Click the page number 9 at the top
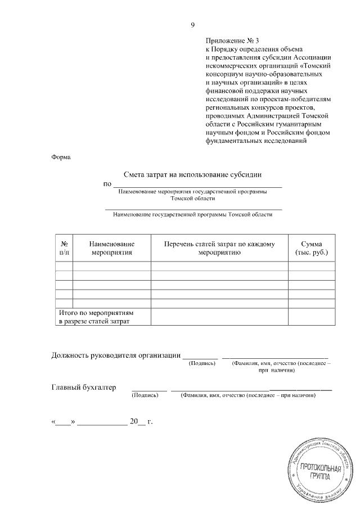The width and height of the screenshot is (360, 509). click(x=192, y=25)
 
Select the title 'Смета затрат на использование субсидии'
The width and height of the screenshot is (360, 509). click(x=192, y=175)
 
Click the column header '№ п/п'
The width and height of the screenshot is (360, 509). click(x=64, y=248)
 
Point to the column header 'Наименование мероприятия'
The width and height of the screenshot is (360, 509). click(x=112, y=248)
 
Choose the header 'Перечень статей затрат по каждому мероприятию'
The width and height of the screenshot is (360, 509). click(x=219, y=248)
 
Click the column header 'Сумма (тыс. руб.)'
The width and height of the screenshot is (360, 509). click(x=311, y=248)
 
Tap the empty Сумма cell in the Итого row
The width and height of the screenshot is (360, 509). click(x=311, y=317)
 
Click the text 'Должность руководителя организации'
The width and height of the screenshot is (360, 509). click(x=116, y=355)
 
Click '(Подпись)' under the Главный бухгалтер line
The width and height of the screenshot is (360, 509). click(x=145, y=395)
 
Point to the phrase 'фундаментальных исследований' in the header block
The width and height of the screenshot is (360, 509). click(x=255, y=141)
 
